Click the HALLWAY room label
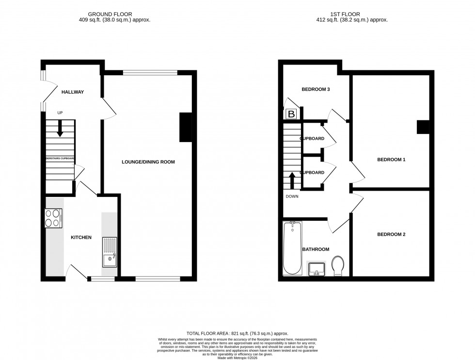point(73,92)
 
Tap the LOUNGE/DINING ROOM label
point(148,162)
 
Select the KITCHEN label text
point(81,237)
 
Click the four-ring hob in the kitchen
point(54,217)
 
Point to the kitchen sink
point(110,252)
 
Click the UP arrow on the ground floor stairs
point(60,129)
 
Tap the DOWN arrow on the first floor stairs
point(292,181)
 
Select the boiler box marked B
point(291,114)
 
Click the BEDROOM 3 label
point(316,89)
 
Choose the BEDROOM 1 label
point(391,159)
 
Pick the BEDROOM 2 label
point(391,234)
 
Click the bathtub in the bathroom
point(292,248)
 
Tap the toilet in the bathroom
point(338,265)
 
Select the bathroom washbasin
point(317,267)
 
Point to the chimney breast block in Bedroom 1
point(423,127)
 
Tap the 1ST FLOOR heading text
point(351,14)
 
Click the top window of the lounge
point(150,73)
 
